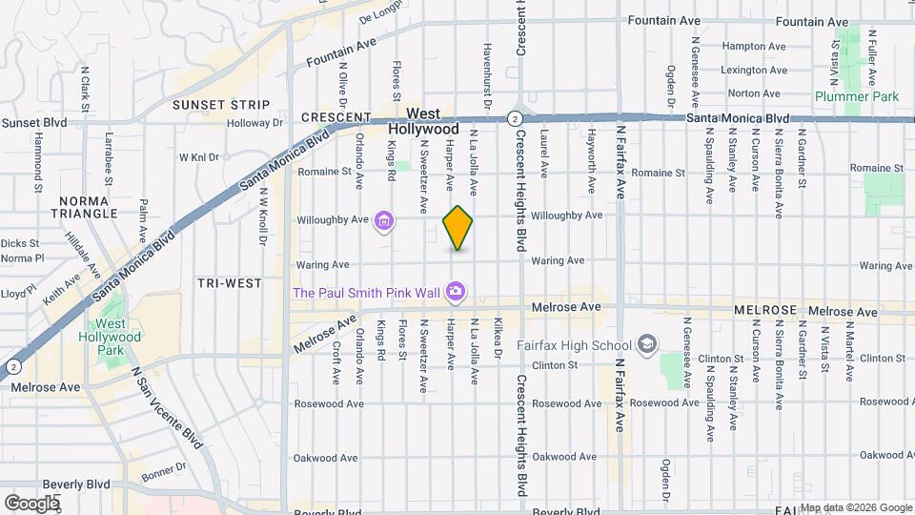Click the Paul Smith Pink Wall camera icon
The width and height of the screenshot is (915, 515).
(x=457, y=291)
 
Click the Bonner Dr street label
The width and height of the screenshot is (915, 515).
(x=162, y=470)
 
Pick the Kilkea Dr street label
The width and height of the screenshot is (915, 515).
(x=498, y=339)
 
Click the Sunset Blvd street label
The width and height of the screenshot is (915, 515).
(x=34, y=123)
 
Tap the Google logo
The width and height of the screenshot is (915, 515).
(x=31, y=503)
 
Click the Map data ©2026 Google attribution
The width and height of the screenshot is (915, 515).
(x=856, y=507)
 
